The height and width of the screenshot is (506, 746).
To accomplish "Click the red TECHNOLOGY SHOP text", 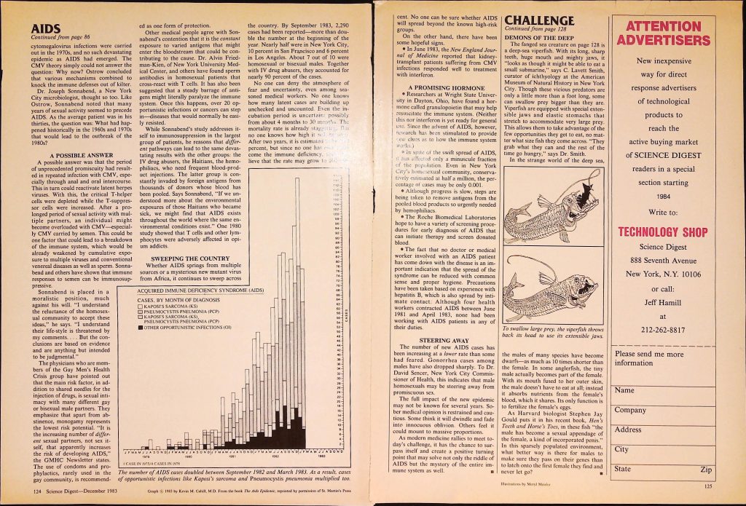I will pos(663,233).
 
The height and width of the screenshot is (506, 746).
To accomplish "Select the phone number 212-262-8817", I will pos(663,328).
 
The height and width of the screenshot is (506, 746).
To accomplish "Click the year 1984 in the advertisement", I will pos(663,195).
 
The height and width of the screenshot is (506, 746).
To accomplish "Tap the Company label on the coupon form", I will pos(631,410).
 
